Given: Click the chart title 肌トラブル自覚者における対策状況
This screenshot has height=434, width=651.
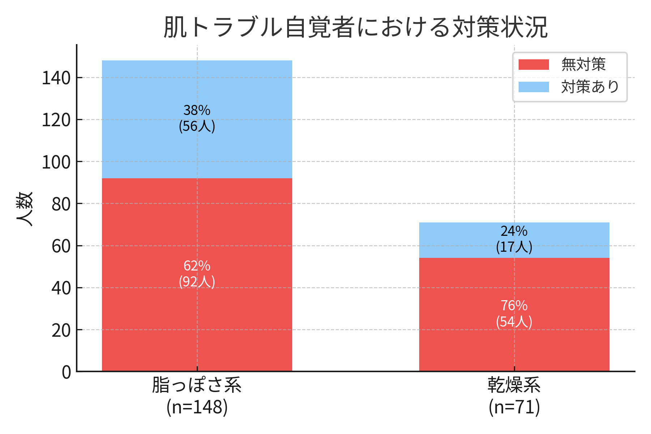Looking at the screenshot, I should click(356, 27).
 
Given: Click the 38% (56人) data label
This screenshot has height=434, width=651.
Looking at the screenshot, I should click(197, 118).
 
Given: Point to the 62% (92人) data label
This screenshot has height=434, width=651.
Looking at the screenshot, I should click(197, 274).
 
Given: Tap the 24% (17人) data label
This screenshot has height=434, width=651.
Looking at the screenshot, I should click(514, 239).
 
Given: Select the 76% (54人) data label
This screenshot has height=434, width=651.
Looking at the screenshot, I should click(514, 314).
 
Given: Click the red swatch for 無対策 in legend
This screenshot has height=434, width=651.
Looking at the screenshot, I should click(533, 65).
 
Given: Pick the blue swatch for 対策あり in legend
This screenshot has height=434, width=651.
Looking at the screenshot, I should click(533, 87).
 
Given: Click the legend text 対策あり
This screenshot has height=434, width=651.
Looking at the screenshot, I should click(590, 87).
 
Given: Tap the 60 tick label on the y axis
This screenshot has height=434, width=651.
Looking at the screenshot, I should click(61, 246).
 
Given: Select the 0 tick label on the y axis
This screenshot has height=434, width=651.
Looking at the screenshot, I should click(66, 372).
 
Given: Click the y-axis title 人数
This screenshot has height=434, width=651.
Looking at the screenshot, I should click(25, 209).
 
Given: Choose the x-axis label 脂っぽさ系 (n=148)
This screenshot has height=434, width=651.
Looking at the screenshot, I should click(197, 396).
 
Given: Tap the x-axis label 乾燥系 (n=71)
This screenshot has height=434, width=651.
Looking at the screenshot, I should click(514, 396).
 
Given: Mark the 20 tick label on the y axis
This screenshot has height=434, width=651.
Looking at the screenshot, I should click(61, 330).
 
